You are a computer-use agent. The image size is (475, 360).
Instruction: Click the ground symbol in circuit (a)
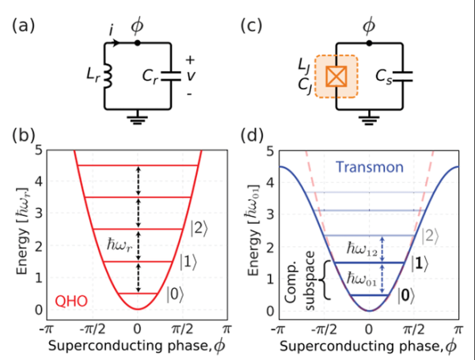[139, 122]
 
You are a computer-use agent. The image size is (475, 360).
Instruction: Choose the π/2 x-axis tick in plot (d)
[413, 327]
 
